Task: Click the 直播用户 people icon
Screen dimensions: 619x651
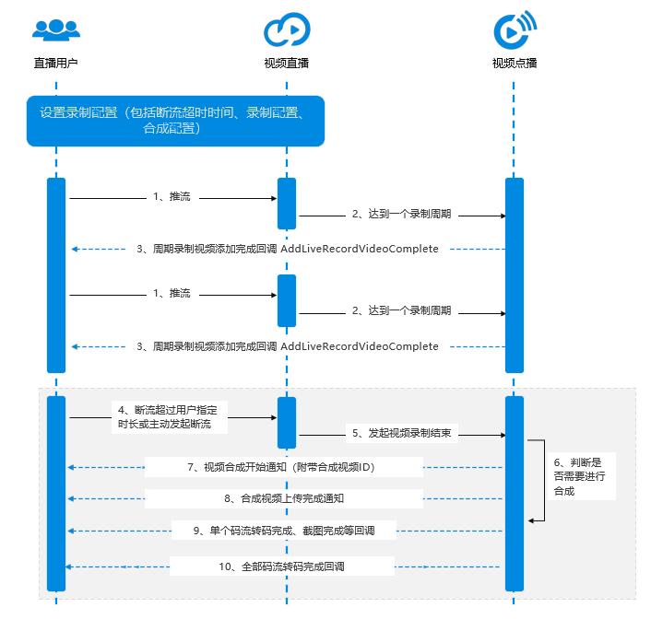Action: (x=56, y=29)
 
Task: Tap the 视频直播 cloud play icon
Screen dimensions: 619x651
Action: (x=283, y=29)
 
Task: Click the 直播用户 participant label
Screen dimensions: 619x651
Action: (x=56, y=64)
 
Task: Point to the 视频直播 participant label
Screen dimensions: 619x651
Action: (x=286, y=64)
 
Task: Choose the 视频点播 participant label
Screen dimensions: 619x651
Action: (x=515, y=64)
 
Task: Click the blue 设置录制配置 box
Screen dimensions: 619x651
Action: (x=175, y=121)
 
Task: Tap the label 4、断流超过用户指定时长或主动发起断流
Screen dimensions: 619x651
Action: (x=172, y=416)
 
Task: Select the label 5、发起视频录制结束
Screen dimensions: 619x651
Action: (x=400, y=433)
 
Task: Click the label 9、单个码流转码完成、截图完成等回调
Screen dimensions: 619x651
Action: (x=282, y=531)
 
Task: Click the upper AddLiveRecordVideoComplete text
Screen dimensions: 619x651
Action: (x=360, y=249)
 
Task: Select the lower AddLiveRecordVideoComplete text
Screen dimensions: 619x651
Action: (x=360, y=346)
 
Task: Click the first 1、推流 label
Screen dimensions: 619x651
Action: (x=172, y=197)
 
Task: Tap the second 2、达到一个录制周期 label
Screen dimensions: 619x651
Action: (x=401, y=311)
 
